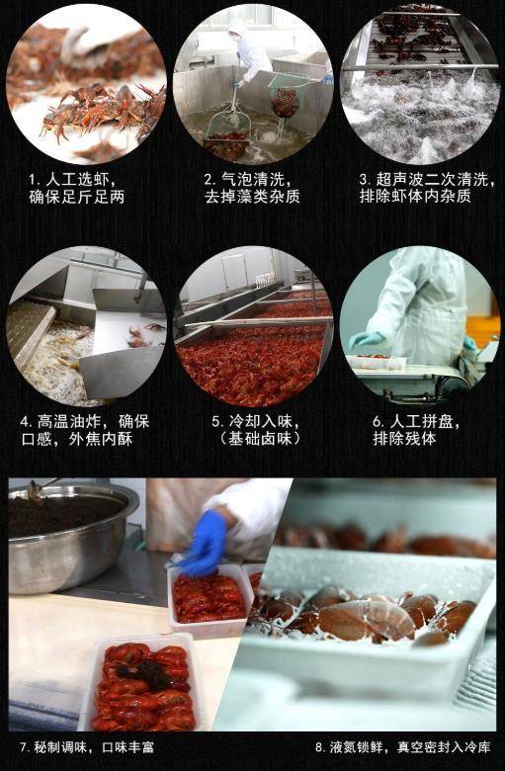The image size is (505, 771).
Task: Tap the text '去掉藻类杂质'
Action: pyautogui.click(x=252, y=197)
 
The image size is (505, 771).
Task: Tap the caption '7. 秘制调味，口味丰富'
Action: pyautogui.click(x=87, y=747)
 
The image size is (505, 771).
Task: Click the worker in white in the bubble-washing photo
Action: pyautogui.click(x=248, y=49)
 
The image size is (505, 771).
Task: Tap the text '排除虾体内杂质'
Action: pyautogui.click(x=418, y=197)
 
